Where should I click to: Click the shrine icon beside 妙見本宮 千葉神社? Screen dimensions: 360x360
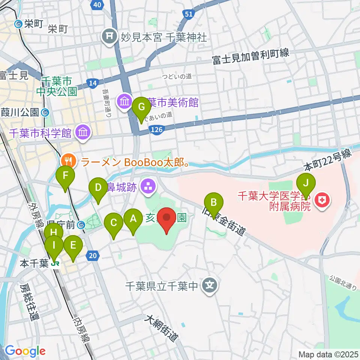(109, 37)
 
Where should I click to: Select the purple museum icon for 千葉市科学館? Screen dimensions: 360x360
(81, 132)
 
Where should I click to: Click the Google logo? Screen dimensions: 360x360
(25, 351)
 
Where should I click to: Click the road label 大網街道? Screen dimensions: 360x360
(161, 329)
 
